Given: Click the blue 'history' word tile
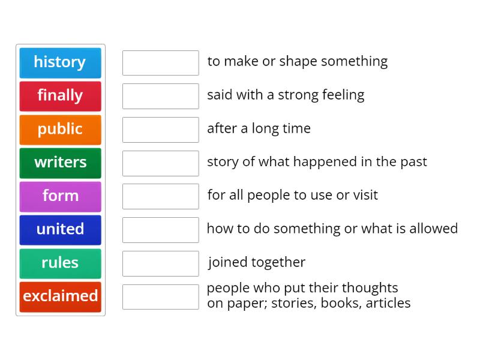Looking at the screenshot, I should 60,62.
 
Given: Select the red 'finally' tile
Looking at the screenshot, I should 60,96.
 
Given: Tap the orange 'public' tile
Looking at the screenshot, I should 60,129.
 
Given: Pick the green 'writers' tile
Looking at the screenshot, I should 60,163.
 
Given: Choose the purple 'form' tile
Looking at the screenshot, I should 60,196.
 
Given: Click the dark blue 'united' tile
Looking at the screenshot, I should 60,229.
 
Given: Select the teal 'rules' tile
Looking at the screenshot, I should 60,263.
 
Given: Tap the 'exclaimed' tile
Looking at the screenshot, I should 60,296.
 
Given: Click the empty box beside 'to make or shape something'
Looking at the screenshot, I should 160,62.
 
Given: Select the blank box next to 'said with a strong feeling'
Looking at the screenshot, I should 160,96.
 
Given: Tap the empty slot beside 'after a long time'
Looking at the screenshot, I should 160,130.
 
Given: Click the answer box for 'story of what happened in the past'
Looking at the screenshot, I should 160,163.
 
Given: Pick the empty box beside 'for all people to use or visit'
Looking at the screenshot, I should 160,196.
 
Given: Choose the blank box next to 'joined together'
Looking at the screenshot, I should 160,263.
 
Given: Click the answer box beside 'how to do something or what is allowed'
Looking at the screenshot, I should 160,230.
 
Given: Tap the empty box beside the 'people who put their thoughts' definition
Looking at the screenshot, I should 160,296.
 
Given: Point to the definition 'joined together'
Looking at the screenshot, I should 257,262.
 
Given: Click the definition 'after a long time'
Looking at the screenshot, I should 259,128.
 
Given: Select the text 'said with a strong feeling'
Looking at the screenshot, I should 286,95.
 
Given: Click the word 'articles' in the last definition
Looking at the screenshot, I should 387,303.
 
